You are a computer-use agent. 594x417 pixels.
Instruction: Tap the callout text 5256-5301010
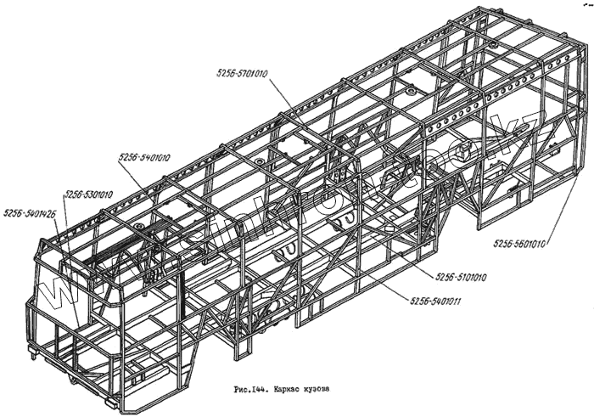(x=87, y=194)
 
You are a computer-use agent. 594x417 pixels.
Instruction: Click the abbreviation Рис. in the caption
(x=243, y=392)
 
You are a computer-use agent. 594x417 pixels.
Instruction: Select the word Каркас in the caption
(x=294, y=392)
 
